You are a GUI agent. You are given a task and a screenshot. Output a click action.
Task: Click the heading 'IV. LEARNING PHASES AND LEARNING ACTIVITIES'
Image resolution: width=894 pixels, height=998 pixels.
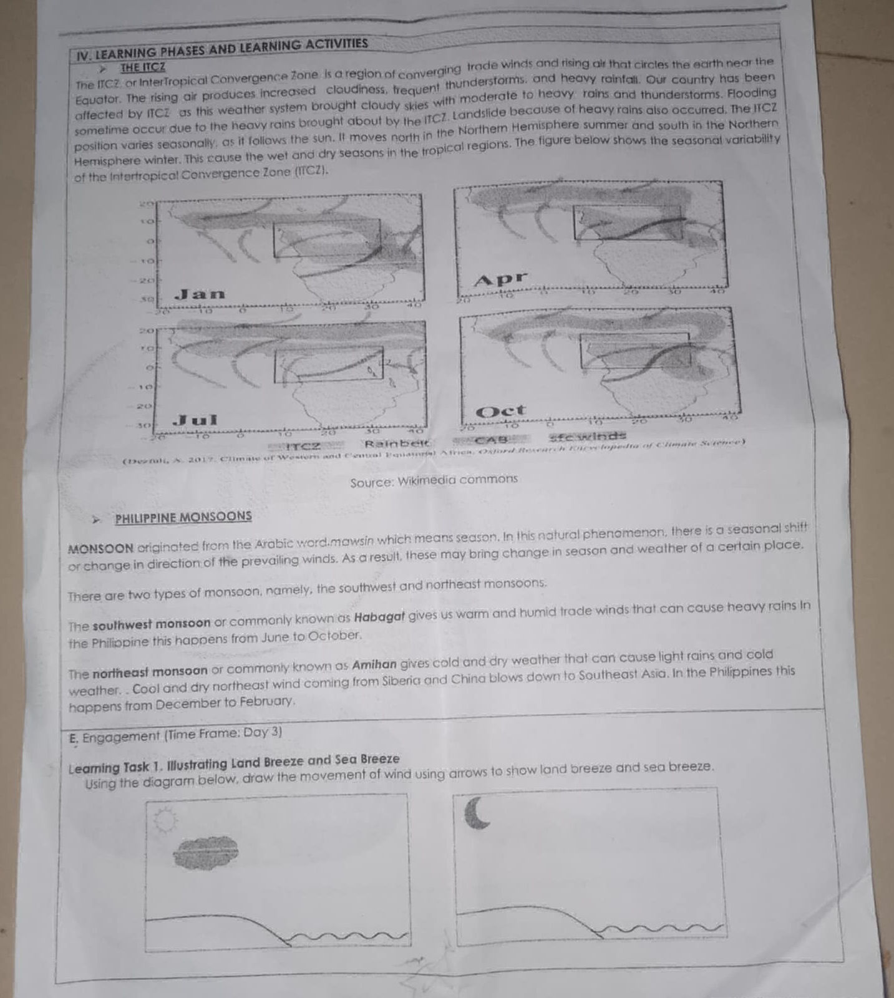coord(222,49)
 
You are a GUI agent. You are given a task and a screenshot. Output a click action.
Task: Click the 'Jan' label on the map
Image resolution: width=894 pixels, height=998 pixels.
coord(200,294)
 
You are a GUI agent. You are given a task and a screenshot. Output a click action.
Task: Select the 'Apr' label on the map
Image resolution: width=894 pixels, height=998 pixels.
coord(500,279)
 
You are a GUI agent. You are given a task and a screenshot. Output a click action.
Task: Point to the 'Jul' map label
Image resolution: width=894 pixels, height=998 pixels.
coord(195,420)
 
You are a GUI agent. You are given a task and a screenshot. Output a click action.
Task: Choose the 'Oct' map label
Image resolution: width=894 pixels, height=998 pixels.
coord(501,412)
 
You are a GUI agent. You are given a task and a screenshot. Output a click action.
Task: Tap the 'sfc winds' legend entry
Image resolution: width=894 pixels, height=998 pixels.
coord(587,435)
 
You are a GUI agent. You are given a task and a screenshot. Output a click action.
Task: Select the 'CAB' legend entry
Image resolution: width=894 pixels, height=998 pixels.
coord(493,440)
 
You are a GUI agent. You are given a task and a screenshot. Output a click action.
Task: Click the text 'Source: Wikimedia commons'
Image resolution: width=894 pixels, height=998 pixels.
coord(434,480)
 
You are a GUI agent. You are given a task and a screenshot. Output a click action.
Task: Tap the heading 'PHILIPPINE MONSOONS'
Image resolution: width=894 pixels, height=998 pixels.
coord(183,517)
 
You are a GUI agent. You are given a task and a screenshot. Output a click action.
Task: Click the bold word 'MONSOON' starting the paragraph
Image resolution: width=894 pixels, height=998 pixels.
coord(100,550)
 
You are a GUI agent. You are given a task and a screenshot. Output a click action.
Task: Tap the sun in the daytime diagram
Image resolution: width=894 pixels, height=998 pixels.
coord(165,820)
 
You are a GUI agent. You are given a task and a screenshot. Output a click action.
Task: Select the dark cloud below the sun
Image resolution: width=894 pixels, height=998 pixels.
coord(206,853)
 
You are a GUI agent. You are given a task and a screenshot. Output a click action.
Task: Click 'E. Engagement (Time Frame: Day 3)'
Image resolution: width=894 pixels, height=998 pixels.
coord(176,735)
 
